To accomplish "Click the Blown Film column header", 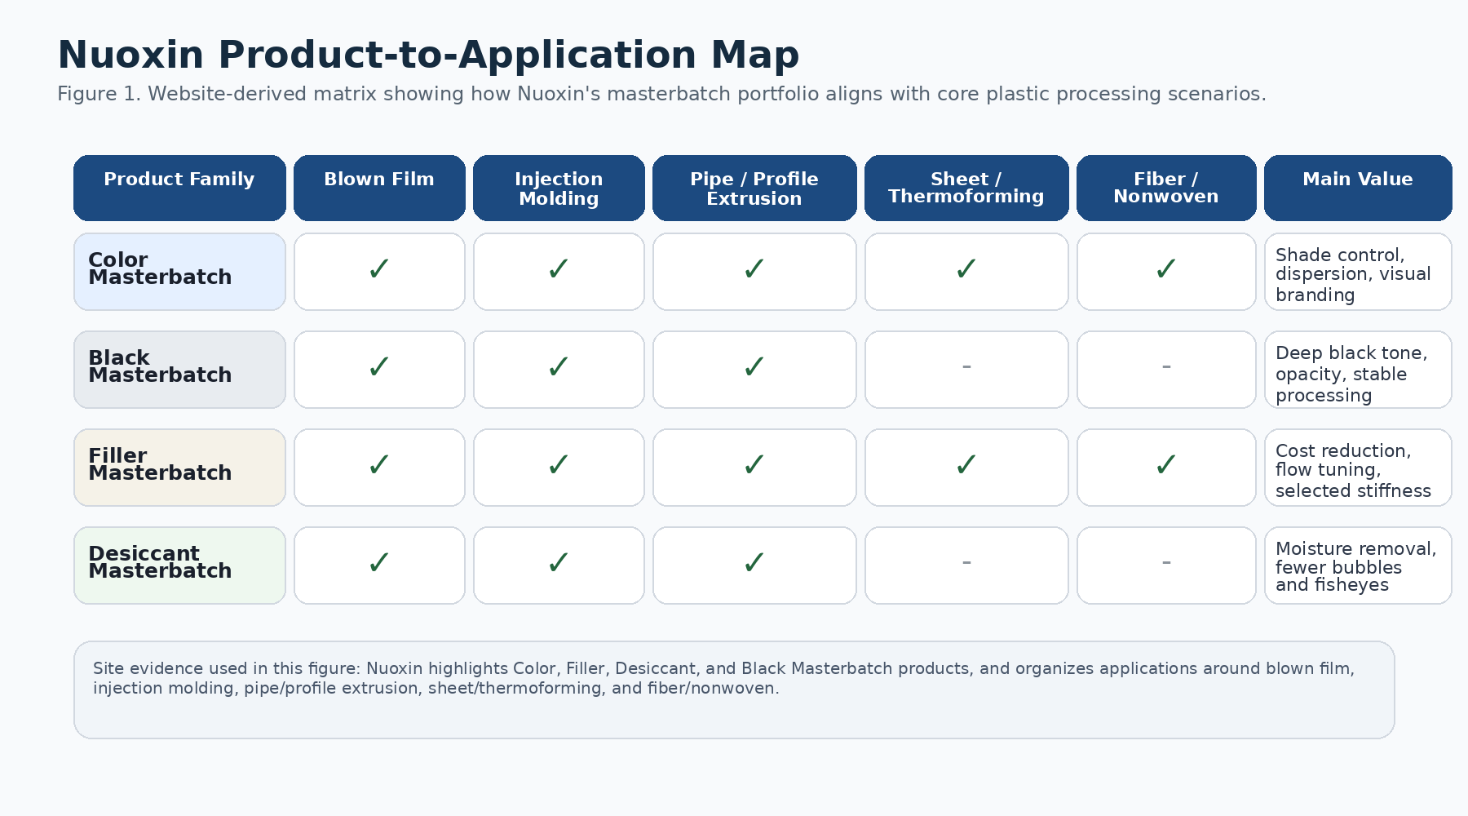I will point(379,187).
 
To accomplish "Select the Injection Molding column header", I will point(559,188).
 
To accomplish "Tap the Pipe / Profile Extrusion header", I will point(754,188).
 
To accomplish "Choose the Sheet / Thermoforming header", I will point(966,188).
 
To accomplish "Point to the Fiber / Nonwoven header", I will point(1166,188).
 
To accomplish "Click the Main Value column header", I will point(1358,187).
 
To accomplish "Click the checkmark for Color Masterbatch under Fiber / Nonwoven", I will point(1166,269).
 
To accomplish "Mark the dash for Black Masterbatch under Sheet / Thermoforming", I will point(966,367).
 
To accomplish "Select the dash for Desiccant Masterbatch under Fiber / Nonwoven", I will point(1166,563).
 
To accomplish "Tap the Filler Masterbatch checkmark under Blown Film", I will point(379,465).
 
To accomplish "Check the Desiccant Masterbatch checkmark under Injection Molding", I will point(559,563).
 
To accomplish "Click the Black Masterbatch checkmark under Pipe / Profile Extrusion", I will point(754,367).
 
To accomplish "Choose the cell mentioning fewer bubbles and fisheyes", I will point(1358,566).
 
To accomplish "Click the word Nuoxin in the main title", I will point(130,55).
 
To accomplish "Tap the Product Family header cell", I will point(179,187).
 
